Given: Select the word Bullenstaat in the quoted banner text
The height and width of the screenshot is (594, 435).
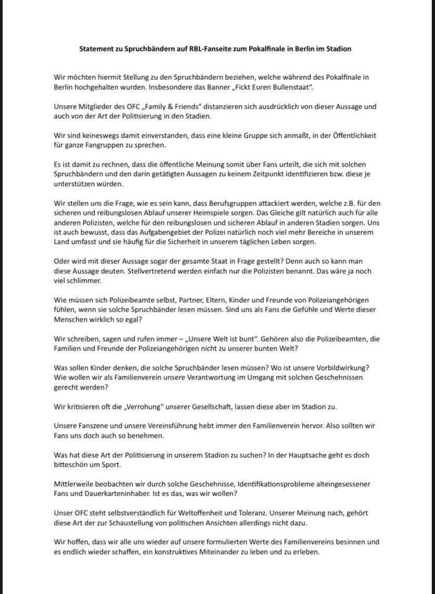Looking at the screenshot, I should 292,87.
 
